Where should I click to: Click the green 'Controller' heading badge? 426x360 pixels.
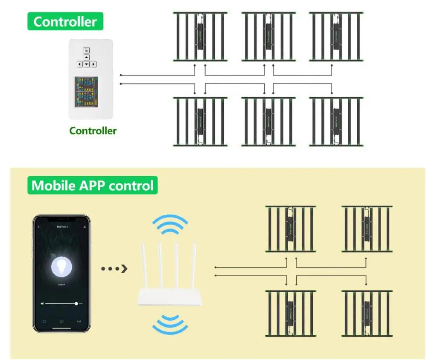pos(65,22)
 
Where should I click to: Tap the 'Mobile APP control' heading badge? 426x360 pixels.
pos(92,186)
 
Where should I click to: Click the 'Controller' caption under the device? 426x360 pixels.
pos(93,131)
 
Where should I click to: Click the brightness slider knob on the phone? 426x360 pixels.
pos(76,303)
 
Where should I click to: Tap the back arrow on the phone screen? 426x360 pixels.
pos(39,227)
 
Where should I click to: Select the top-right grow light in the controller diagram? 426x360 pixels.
pos(336,36)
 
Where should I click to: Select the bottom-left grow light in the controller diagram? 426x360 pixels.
pos(200,122)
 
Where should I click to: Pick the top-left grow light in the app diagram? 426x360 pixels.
pos(290,229)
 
